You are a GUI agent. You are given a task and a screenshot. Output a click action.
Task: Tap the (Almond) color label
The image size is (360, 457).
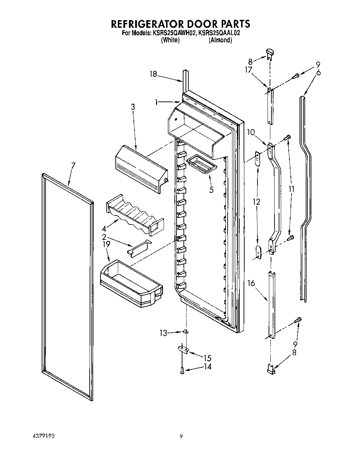pyautogui.click(x=220, y=40)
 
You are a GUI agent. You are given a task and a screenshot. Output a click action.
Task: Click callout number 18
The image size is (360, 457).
pyautogui.click(x=153, y=74)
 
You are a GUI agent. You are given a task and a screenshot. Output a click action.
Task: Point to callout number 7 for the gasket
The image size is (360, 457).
pyautogui.click(x=73, y=166)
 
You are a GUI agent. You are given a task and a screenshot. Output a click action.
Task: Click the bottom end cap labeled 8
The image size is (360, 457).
pyautogui.click(x=271, y=369)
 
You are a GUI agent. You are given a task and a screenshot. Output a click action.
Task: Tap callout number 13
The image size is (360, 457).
pyautogui.click(x=163, y=333)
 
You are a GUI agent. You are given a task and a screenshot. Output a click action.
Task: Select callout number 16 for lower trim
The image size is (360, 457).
pyautogui.click(x=251, y=284)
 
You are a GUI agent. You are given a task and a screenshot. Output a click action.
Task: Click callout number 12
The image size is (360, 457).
pyautogui.click(x=257, y=202)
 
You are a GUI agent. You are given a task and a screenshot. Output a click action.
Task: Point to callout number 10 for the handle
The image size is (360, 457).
pyautogui.click(x=251, y=132)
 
